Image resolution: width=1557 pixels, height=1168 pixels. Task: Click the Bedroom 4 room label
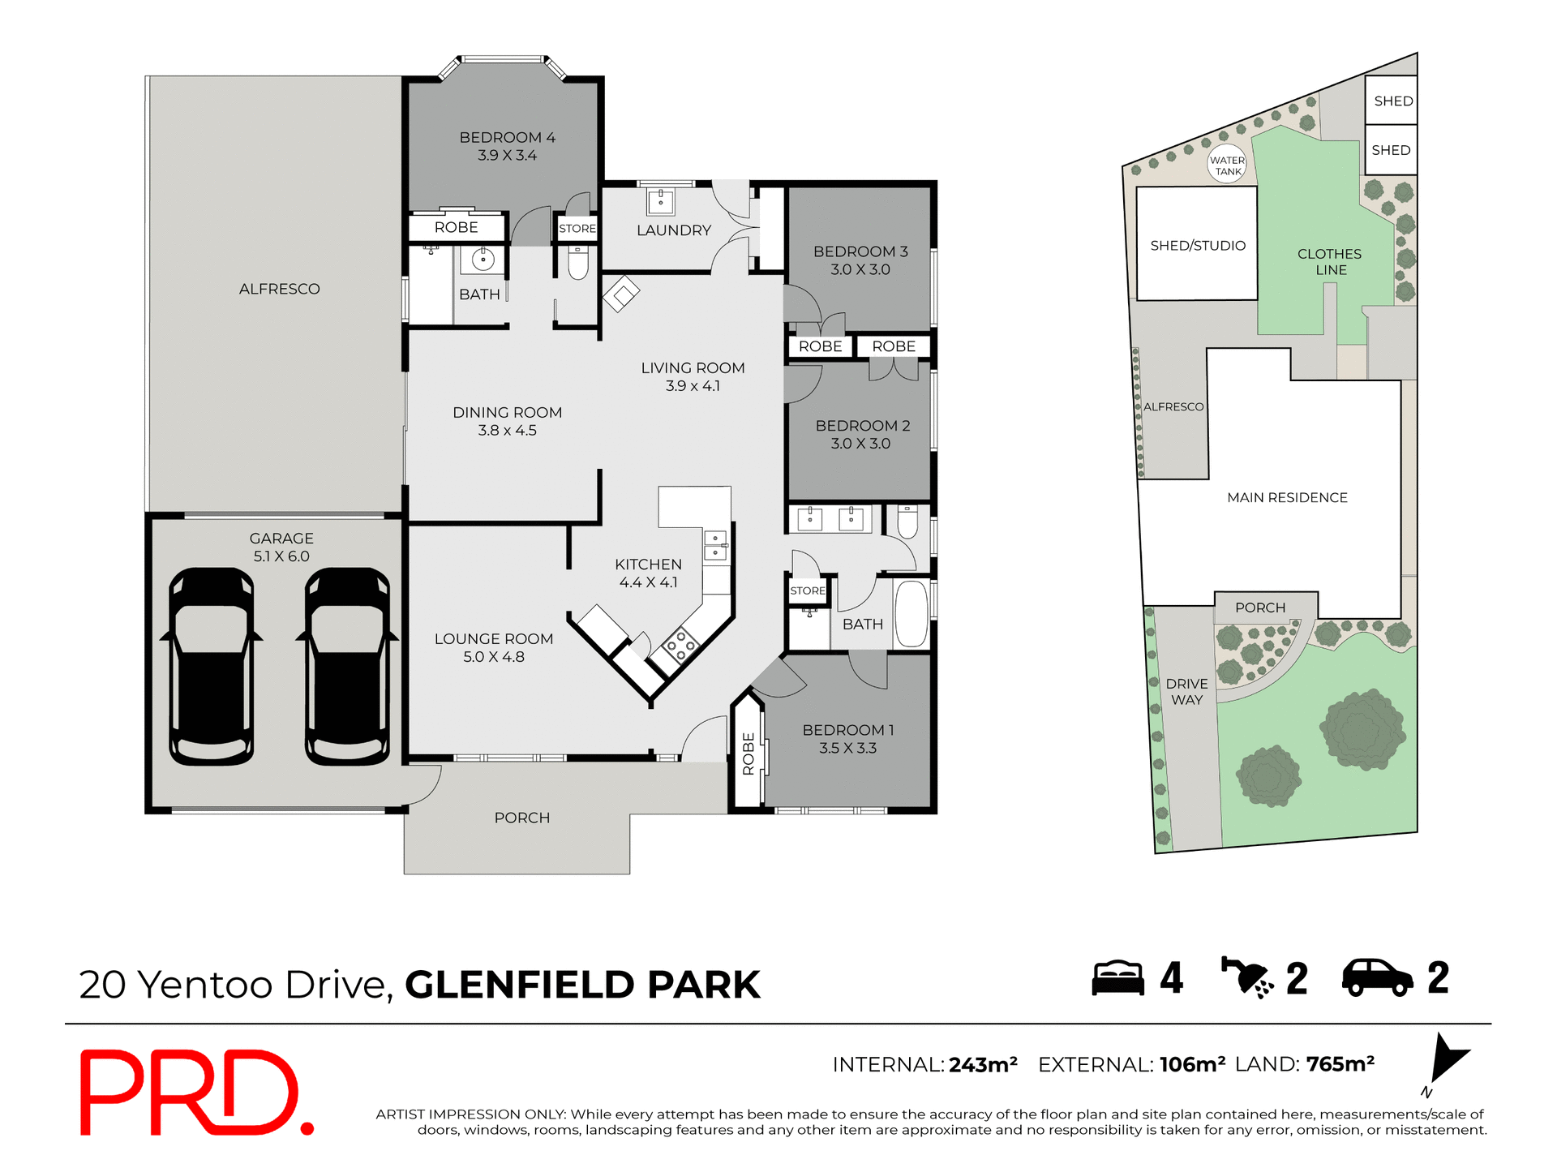point(507,138)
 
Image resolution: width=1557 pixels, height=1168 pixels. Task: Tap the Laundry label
point(673,230)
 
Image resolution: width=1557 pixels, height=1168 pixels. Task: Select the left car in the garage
point(212,667)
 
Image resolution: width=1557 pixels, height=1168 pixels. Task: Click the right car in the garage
point(347,667)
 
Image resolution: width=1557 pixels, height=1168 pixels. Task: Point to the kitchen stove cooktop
point(680,646)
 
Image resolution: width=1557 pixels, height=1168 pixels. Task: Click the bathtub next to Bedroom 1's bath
point(911,613)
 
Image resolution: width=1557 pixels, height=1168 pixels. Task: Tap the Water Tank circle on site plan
point(1227,165)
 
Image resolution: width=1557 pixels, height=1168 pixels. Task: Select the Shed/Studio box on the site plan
point(1197,245)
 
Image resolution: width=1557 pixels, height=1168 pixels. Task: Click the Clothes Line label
point(1329,262)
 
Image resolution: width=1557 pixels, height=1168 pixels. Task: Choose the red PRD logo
point(195,1092)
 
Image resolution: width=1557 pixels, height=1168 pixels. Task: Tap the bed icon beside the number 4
point(1117,978)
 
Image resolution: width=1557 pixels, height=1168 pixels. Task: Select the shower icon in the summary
point(1246,977)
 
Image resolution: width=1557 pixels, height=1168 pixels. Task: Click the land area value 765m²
point(1340,1064)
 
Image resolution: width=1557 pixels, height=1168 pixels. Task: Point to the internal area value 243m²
point(983,1065)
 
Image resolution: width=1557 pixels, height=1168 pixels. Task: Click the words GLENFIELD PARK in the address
point(582,985)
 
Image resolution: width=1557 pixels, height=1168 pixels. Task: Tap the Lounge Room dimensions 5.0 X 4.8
point(493,657)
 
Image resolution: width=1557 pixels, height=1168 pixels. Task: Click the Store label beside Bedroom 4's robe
point(577,229)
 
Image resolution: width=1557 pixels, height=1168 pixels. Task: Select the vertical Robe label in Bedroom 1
point(748,754)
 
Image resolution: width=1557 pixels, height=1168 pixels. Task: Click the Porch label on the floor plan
point(521,818)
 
